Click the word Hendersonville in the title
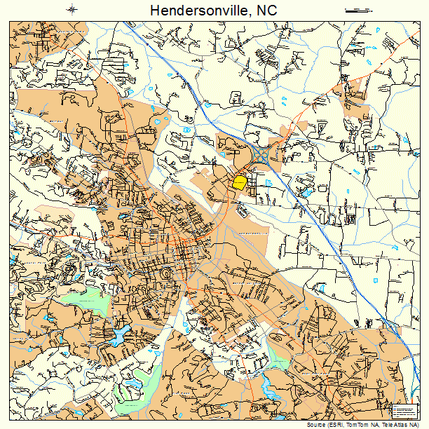pos(193,11)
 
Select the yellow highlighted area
pos(240,182)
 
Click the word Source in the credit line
pos(317,425)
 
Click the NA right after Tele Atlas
pos(416,425)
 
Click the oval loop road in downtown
pos(166,273)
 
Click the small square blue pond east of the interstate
pos(376,280)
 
